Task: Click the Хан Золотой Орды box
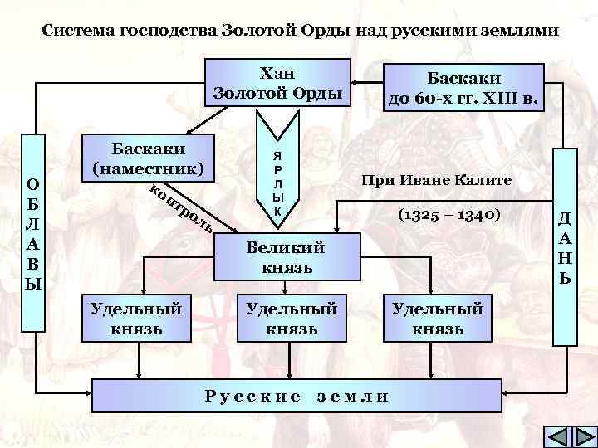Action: [x=277, y=82]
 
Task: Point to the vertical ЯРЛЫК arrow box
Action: [x=278, y=184]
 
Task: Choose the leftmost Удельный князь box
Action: [x=136, y=319]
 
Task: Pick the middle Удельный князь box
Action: [x=292, y=319]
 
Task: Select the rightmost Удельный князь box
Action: [x=438, y=319]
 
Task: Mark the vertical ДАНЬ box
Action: [x=565, y=247]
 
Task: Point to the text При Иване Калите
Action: [x=436, y=180]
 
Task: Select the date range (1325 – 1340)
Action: [x=448, y=214]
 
